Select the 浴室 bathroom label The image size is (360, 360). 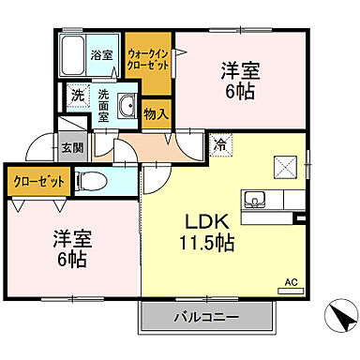pos(101,55)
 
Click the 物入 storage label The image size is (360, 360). pos(156,114)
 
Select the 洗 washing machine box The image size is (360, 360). pos(78,95)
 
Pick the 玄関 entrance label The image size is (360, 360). pos(71,146)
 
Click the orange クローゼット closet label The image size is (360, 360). pos(38,181)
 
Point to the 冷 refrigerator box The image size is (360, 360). pos(218,145)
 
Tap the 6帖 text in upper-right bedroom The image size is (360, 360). pos(239,92)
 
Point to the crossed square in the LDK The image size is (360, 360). pos(283,167)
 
